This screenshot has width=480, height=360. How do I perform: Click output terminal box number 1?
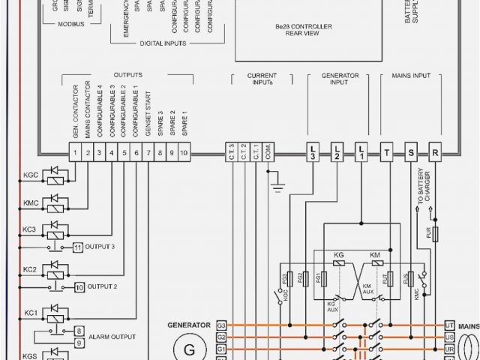76,154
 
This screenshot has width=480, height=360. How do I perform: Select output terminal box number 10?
184,154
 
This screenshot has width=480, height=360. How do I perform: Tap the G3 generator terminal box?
222,325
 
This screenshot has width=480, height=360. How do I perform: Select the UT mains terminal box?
448,325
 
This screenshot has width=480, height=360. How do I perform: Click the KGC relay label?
31,175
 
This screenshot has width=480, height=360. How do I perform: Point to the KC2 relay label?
30,269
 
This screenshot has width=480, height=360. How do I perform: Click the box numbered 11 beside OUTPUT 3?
78,247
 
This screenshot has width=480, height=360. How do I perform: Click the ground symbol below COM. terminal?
277,184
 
